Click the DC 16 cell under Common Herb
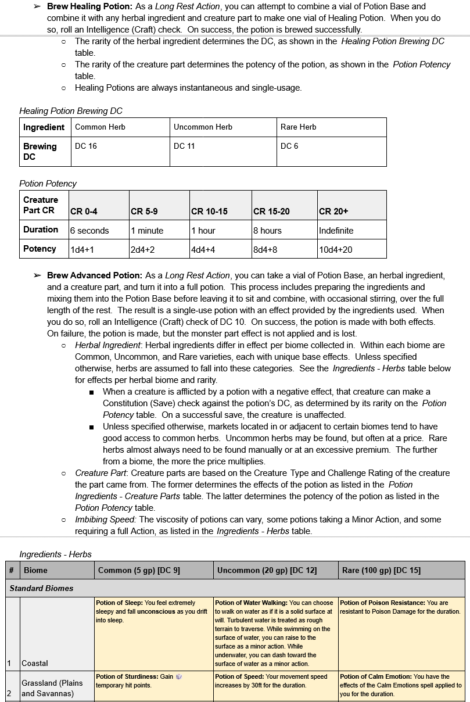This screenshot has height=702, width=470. click(86, 146)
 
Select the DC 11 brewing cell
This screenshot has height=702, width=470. click(184, 146)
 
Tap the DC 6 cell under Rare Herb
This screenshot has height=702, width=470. click(289, 146)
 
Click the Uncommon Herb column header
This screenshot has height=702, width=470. click(203, 127)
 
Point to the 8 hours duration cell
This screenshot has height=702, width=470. click(271, 231)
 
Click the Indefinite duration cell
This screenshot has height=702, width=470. click(336, 231)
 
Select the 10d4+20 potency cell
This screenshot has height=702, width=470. click(336, 250)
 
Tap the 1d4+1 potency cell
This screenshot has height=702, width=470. click(82, 250)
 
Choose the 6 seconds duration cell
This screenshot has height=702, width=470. click(89, 231)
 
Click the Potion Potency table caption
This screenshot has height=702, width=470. click(48, 184)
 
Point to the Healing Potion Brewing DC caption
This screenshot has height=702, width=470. click(71, 111)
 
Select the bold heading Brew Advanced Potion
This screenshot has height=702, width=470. click(95, 275)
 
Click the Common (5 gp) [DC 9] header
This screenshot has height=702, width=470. click(139, 571)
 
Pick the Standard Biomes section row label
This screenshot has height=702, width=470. click(42, 588)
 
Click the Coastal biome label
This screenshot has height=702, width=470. click(35, 663)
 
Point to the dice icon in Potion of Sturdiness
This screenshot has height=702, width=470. click(179, 677)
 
